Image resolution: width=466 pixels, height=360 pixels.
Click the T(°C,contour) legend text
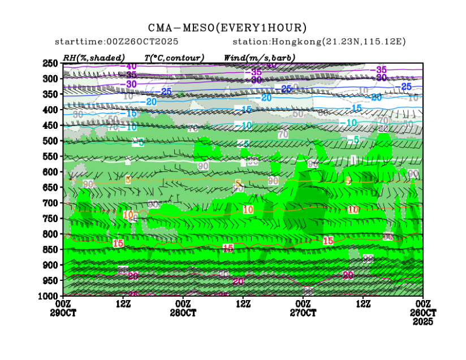click(174, 57)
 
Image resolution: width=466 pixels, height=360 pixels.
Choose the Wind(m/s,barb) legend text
click(260, 57)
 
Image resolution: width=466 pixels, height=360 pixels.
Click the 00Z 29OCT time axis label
click(63, 308)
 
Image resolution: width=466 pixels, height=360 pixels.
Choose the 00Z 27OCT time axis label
click(303, 308)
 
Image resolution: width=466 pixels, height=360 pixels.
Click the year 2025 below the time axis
click(423, 322)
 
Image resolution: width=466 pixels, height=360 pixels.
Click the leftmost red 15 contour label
click(118, 244)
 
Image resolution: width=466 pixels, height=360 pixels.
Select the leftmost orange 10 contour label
click(128, 215)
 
